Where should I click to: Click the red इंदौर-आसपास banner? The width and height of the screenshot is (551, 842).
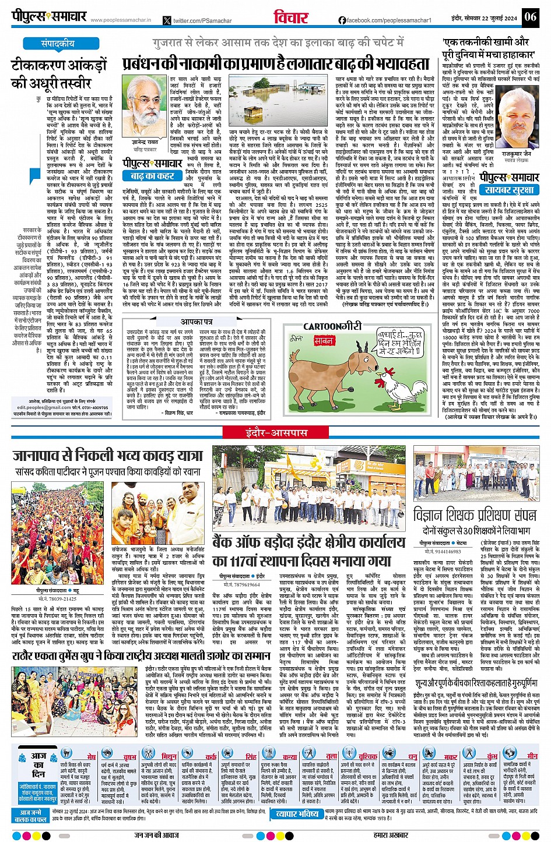click(x=275, y=433)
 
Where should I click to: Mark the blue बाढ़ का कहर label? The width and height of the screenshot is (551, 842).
click(x=152, y=176)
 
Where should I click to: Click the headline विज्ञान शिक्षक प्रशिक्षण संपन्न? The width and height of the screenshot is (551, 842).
click(x=475, y=515)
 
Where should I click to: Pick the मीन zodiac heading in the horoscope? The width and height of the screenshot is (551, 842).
click(x=532, y=756)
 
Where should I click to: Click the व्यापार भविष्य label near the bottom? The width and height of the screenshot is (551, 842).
click(x=297, y=814)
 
